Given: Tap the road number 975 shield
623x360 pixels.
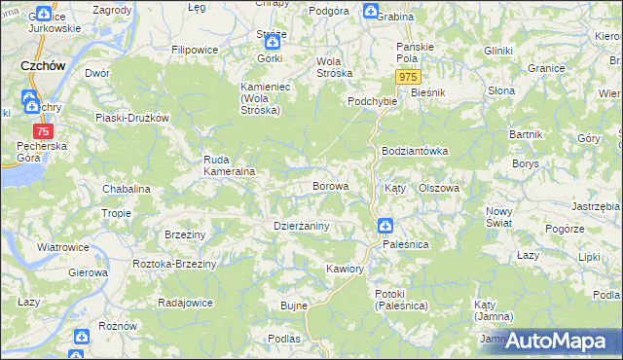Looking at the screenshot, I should tap(409, 77).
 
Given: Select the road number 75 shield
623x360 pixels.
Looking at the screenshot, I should tap(42, 131).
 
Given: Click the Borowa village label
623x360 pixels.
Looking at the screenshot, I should tap(329, 185).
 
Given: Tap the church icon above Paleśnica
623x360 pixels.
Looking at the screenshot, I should tap(385, 227).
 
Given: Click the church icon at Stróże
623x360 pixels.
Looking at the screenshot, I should tap(274, 41).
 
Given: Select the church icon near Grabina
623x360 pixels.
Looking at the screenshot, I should tap(370, 12).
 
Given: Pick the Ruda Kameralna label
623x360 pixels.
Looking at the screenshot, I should tap(229, 165).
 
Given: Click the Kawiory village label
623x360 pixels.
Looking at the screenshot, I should tap(346, 268).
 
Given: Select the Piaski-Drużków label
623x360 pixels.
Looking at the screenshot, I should tap(131, 118).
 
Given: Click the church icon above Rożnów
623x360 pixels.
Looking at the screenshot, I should tap(78, 337).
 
